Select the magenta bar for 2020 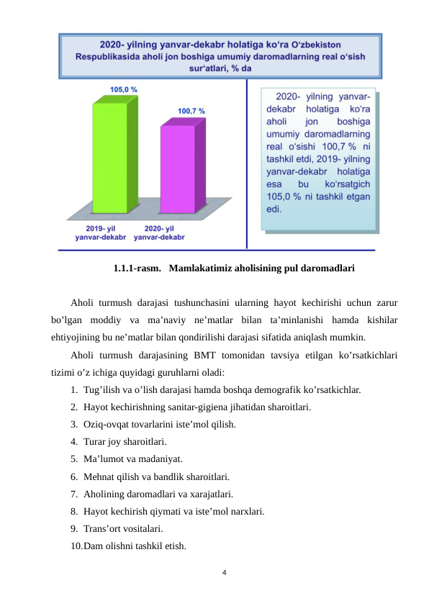(x=177, y=168)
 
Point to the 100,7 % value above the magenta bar (x=191, y=112)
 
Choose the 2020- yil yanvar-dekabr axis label (x=160, y=232)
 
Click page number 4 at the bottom (x=225, y=573)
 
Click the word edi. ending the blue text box (x=274, y=209)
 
